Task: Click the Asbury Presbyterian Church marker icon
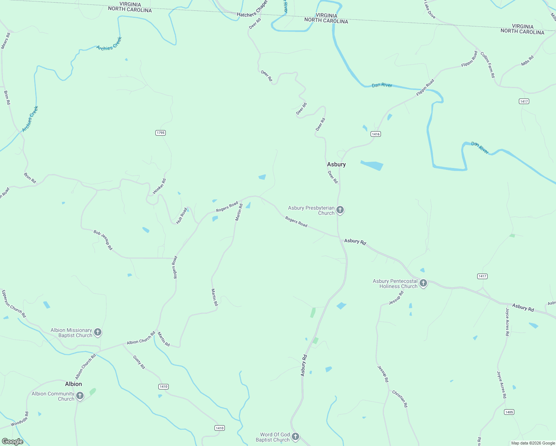(340, 210)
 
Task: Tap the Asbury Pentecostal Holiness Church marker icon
(423, 284)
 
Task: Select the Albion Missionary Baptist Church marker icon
(98, 332)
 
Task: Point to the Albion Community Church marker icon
(80, 396)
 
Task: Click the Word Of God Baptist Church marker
(295, 437)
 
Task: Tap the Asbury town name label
(336, 164)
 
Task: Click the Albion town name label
(74, 384)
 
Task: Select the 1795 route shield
(160, 133)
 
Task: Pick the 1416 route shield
(375, 134)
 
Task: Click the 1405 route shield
(509, 412)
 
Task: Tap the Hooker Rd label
(159, 187)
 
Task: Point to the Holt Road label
(181, 216)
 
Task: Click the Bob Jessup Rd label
(103, 240)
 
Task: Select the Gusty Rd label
(139, 362)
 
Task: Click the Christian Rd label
(400, 399)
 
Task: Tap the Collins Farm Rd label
(488, 65)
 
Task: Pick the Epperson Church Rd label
(14, 304)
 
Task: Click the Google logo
(13, 442)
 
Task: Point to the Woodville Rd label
(20, 419)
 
